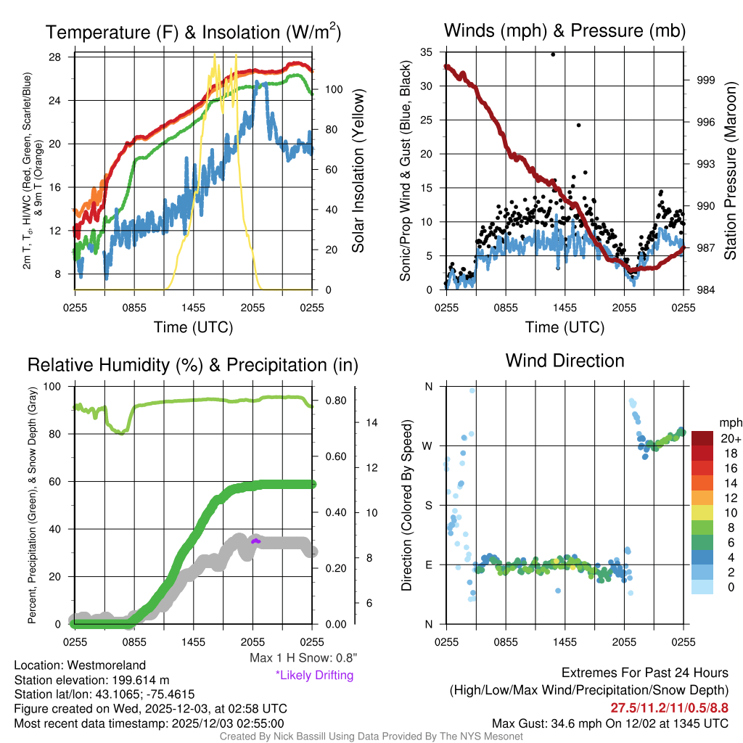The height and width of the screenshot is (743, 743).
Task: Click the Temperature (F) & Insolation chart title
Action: [193, 32]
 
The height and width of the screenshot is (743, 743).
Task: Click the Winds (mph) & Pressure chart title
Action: [565, 30]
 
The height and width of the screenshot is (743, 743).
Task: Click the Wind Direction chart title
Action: [565, 361]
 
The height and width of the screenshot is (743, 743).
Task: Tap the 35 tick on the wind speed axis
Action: [426, 52]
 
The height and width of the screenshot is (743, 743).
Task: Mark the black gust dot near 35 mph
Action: [553, 54]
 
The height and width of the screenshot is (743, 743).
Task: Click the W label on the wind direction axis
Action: [428, 446]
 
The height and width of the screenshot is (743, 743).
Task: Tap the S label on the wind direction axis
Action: [428, 505]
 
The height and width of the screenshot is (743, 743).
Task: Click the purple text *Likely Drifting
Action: [313, 676]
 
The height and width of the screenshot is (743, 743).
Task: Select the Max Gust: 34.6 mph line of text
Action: [609, 723]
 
